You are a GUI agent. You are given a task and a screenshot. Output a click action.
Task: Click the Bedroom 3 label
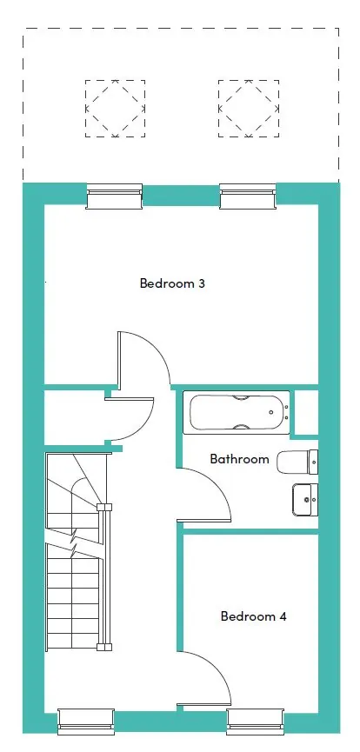click(x=172, y=283)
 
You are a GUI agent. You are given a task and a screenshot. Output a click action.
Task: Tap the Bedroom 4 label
click(x=253, y=616)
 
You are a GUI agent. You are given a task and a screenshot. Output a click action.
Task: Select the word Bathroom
click(x=239, y=459)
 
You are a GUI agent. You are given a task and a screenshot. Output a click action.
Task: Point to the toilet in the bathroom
click(x=297, y=462)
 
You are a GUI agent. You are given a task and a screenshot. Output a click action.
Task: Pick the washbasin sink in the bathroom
click(x=305, y=500)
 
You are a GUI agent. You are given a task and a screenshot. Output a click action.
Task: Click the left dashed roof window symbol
click(x=115, y=109)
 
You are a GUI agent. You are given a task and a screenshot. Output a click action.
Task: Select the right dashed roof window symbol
click(x=249, y=109)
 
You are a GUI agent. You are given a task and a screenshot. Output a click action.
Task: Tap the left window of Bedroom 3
click(x=114, y=196)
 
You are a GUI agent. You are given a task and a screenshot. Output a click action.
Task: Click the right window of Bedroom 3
click(x=248, y=196)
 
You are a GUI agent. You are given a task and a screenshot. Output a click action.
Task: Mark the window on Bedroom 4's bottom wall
click(x=255, y=722)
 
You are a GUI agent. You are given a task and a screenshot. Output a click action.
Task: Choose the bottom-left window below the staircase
click(x=86, y=722)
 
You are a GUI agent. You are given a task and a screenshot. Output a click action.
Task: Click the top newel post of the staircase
click(x=104, y=507)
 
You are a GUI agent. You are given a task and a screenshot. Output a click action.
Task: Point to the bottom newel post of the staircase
click(x=104, y=647)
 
